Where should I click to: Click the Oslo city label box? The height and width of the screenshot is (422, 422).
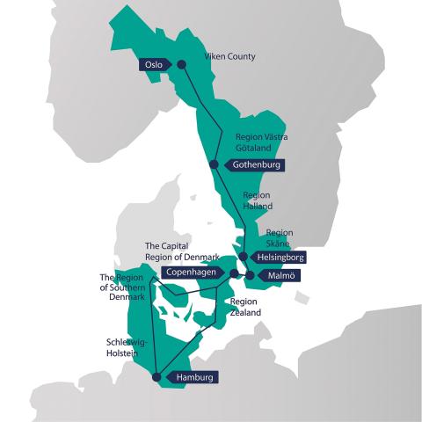154,64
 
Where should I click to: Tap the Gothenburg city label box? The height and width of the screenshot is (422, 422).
254,164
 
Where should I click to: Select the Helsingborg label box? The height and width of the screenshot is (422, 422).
280,258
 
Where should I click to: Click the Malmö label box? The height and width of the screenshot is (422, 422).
282,276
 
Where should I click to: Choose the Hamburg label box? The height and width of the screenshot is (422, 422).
193,377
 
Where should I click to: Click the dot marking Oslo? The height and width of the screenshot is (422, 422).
181,64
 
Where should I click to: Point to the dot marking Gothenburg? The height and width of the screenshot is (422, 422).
214,164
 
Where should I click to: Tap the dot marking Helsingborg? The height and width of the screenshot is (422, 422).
243,257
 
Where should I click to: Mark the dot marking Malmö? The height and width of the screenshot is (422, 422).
250,276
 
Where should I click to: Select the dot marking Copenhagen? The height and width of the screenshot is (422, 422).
233,274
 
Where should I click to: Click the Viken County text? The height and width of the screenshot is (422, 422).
229,57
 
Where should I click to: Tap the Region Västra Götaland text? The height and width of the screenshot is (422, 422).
262,143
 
